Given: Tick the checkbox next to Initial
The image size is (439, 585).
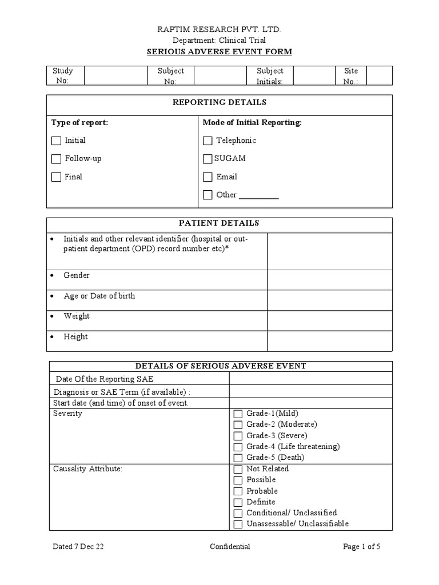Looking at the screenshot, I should pos(56,141).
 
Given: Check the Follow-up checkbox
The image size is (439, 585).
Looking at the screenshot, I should pos(56,159).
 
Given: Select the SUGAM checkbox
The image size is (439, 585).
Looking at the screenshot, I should pos(207,159).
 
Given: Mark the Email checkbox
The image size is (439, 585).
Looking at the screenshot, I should pos(207,177).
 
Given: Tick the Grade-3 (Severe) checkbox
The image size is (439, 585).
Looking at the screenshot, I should pos(238,436).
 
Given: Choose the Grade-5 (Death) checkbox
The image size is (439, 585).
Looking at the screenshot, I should pos(238,458).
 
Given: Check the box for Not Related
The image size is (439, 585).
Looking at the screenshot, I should pos(238,469).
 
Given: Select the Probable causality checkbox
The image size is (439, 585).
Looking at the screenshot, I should pos(238,491).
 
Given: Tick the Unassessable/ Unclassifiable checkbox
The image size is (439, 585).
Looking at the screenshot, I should pos(238,524).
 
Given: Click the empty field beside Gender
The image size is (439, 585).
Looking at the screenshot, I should pos(330,279).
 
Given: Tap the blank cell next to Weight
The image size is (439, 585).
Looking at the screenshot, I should pos(330,320).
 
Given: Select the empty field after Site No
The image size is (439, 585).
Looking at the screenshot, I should pos(379,75).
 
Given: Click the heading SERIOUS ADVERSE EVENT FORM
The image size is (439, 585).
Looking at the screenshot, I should pos(219,52).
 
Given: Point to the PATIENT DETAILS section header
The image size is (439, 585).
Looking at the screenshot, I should pos(219,223).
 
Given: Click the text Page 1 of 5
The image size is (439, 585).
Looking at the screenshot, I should pos(361,547).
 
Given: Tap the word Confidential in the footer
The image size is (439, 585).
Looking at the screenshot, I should pos(230,547).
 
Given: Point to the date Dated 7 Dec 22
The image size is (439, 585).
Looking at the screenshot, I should pos(78,547).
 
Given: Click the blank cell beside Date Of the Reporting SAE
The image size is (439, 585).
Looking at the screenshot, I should pos(310,379).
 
